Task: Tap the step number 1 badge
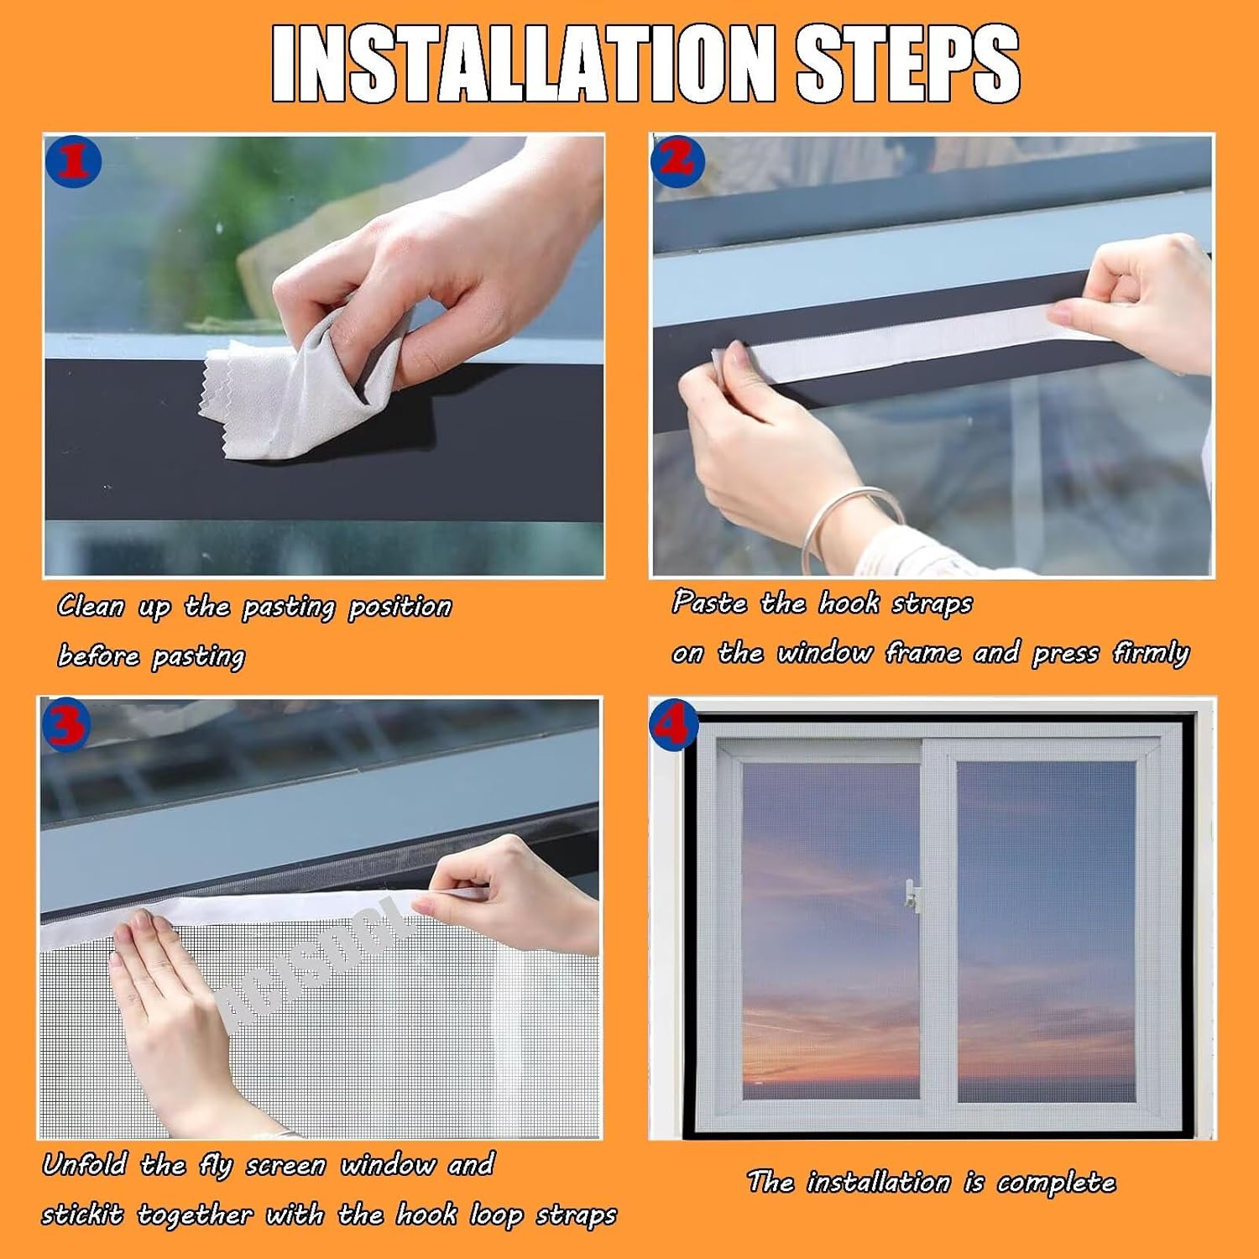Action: [74, 161]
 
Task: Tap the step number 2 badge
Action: [677, 159]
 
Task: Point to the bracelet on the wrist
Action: [848, 525]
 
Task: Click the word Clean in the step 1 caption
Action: [91, 606]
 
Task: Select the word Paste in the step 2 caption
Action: [709, 603]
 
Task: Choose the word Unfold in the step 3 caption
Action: [85, 1165]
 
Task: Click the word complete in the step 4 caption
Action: [1056, 1183]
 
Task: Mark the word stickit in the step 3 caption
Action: [82, 1215]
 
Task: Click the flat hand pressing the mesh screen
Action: [168, 999]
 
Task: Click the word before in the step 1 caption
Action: [98, 656]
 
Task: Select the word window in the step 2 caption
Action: [824, 653]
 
